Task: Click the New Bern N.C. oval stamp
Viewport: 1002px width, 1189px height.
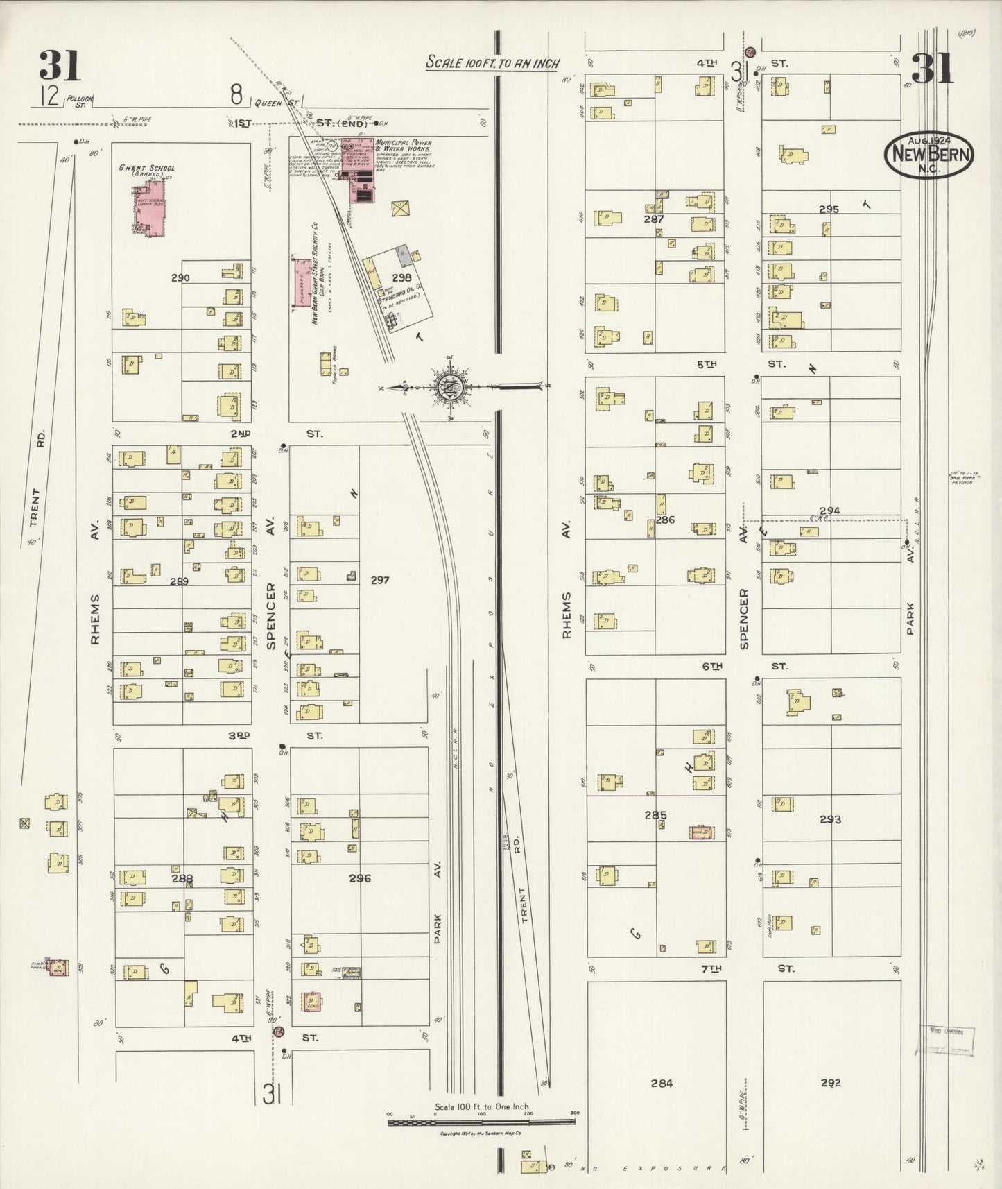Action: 928,154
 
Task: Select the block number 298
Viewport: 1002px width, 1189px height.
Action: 401,277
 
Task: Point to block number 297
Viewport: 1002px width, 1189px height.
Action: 379,580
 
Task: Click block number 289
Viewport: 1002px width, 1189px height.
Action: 179,581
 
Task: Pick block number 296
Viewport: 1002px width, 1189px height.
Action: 360,878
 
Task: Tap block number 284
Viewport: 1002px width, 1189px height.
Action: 662,1082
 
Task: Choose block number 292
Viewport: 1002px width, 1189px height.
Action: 831,1082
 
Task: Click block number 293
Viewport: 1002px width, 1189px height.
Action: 830,819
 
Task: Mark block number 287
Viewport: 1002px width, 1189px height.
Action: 653,219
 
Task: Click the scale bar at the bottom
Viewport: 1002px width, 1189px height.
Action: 483,1116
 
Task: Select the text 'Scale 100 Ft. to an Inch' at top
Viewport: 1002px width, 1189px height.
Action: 492,63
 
